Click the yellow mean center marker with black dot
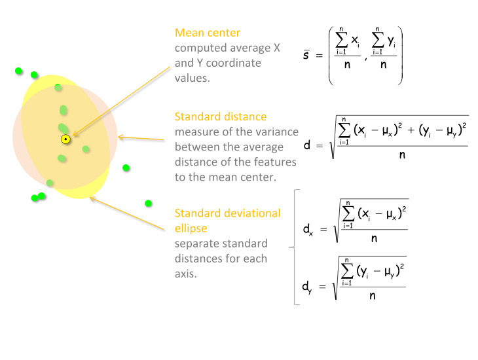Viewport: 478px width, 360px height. coord(65,139)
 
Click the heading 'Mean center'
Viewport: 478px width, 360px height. coord(208,33)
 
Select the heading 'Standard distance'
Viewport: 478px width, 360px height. coord(221,117)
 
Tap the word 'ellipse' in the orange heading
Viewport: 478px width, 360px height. coord(191,228)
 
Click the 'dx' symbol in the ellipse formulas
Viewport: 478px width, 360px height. coord(308,230)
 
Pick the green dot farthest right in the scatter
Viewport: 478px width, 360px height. coord(149,204)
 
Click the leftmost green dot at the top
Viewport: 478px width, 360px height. coord(19,71)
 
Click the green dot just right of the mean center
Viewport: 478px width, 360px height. coord(86,149)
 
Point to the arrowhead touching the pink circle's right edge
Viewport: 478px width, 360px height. coord(120,137)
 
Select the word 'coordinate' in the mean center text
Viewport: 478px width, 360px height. coord(234,63)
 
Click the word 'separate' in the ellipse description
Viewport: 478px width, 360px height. coord(197,243)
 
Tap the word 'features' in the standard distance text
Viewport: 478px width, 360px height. coord(269,162)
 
